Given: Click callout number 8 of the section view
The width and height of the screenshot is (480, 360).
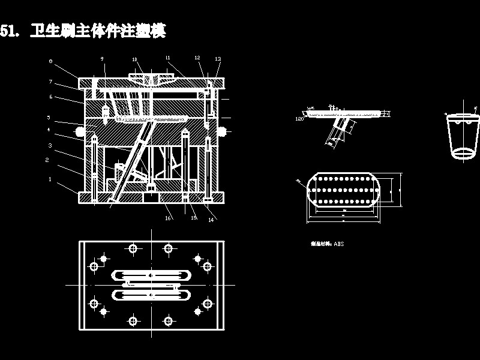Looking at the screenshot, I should coord(50,61).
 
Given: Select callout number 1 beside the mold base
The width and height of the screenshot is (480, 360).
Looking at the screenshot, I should coord(50,179).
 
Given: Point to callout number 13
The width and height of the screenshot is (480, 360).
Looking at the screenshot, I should coord(218,59).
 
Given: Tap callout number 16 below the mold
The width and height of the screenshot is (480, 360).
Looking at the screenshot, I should coord(168,218).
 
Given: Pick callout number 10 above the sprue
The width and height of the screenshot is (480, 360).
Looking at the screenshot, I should coord(135,59).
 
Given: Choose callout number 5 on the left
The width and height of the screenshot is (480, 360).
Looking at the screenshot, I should coord(49,118).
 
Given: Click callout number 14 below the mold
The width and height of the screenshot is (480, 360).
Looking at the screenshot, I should coord(211,220).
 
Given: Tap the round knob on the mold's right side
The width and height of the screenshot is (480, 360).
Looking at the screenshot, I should coord(223,131).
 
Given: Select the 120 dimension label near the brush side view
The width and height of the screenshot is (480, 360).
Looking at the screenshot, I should coord(299,119).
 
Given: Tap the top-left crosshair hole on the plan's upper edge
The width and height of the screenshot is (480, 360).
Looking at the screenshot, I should coord(133,248).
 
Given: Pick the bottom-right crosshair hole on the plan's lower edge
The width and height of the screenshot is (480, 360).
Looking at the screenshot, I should coord(169,322).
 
